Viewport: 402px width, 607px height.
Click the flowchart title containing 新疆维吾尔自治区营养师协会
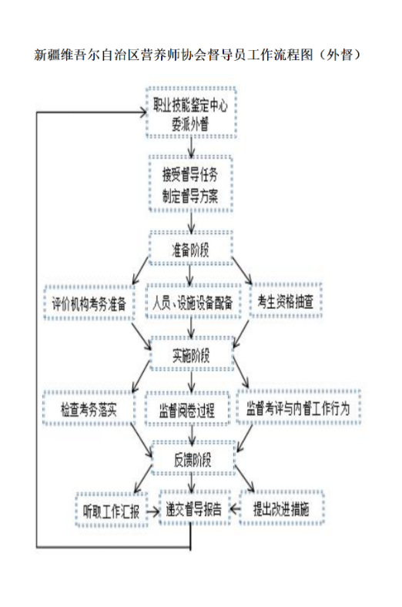(198, 55)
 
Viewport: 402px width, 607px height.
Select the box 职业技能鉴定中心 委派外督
(191, 112)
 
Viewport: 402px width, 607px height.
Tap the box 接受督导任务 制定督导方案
(190, 184)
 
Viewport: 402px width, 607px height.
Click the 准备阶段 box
(190, 248)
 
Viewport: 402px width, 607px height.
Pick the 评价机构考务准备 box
(89, 303)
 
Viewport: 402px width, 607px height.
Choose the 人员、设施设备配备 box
(193, 302)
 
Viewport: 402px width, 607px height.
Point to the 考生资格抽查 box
(286, 300)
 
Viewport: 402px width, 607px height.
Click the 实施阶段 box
(192, 354)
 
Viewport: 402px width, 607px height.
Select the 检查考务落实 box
(89, 408)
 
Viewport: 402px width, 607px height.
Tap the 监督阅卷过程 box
(187, 409)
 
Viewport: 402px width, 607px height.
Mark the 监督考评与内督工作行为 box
(298, 407)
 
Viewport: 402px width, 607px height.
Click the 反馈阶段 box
(193, 459)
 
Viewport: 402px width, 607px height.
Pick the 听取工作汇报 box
(112, 510)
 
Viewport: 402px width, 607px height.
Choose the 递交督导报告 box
(194, 508)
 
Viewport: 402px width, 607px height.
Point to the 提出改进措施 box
(281, 508)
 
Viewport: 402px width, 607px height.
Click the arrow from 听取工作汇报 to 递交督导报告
(153, 511)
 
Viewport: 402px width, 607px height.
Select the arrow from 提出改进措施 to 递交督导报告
(235, 508)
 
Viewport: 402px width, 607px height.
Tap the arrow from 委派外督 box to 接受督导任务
(191, 147)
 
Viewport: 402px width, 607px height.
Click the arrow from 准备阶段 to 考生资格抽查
(242, 270)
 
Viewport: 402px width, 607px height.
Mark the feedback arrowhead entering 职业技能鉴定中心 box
(142, 112)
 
